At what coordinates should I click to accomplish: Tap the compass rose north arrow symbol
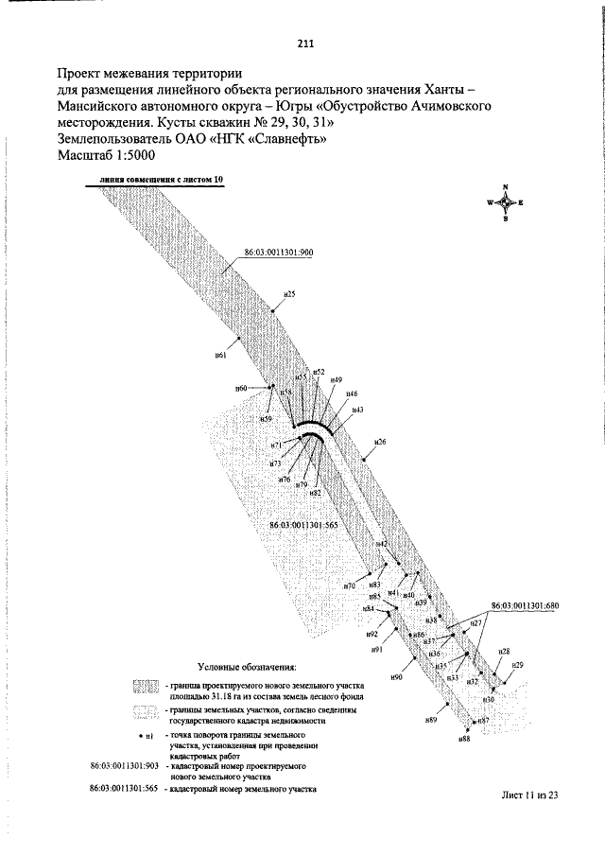(x=506, y=202)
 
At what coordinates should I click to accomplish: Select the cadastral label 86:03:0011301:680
(x=526, y=604)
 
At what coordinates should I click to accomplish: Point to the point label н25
(x=290, y=295)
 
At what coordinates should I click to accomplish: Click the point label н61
(x=220, y=355)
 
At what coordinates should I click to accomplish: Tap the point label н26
(x=380, y=442)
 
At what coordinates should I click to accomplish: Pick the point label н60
(x=241, y=389)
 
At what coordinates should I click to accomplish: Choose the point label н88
(x=463, y=738)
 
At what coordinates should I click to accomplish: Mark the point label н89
(x=430, y=721)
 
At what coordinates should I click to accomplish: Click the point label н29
(x=517, y=666)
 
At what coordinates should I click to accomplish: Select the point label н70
(x=349, y=586)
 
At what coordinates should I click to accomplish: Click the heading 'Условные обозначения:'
(x=247, y=667)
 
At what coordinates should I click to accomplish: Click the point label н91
(x=375, y=650)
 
